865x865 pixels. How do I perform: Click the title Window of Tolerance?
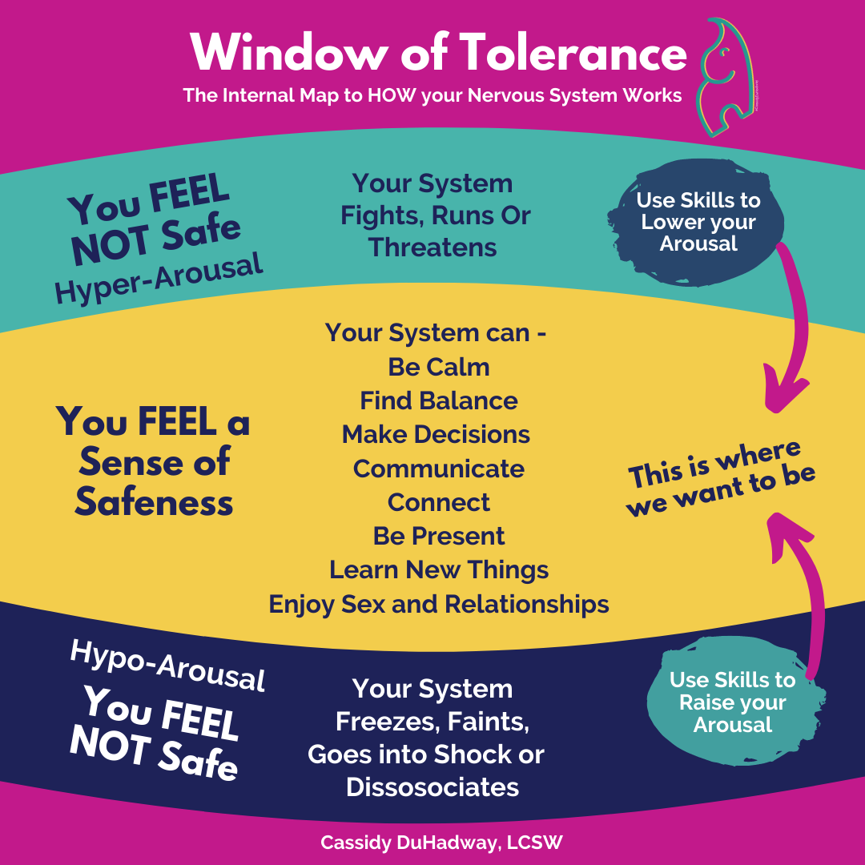(438, 54)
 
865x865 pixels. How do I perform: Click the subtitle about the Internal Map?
(432, 96)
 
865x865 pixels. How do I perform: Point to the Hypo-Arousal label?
(167, 665)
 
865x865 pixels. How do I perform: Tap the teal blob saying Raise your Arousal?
(731, 702)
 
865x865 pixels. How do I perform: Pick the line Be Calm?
(438, 367)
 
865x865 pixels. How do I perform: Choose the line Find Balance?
(438, 400)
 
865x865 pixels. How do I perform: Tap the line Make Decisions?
(436, 434)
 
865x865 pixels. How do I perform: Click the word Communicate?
(438, 469)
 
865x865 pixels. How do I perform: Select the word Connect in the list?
(438, 502)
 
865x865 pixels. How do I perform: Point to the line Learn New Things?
(438, 569)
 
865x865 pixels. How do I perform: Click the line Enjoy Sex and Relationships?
(438, 604)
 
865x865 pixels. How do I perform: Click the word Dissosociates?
(432, 787)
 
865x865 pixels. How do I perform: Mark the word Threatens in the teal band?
(432, 247)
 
